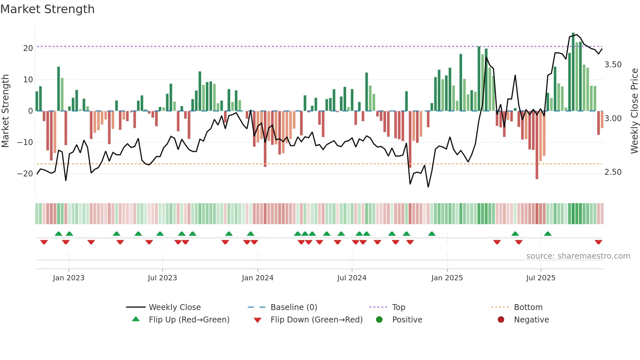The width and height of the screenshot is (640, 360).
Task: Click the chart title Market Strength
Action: (47, 9)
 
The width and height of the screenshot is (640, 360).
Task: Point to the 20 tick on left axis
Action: (28, 48)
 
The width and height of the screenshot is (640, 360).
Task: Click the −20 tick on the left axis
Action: (25, 174)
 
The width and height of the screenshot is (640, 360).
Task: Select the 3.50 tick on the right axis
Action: (613, 65)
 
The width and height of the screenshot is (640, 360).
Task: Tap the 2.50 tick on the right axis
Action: (613, 172)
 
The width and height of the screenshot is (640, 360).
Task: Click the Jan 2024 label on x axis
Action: (258, 278)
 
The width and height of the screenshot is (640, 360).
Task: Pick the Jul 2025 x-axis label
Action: (541, 278)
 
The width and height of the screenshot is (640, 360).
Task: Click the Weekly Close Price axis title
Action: (634, 111)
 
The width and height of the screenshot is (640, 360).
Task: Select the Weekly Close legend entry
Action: (175, 307)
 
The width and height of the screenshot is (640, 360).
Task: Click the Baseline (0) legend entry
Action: (294, 307)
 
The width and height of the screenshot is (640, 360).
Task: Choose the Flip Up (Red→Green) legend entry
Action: (189, 320)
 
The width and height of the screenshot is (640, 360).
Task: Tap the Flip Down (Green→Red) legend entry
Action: (316, 320)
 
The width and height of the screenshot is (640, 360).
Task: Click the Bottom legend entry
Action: (528, 307)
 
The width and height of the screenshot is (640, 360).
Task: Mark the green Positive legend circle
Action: (379, 319)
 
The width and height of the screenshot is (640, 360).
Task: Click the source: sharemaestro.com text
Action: (578, 256)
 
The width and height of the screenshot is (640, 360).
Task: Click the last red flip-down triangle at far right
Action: (599, 242)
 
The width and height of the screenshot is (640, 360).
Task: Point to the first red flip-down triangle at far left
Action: (44, 242)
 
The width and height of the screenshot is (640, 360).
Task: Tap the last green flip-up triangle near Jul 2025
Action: (548, 234)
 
